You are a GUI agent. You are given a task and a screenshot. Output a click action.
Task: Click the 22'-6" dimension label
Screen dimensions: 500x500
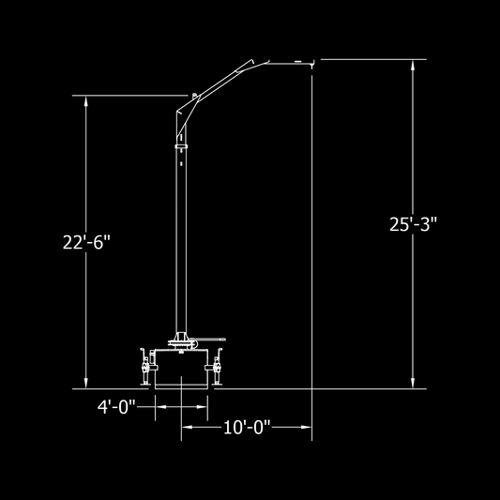[86, 242]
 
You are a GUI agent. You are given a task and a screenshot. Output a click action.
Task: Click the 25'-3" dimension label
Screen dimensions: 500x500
[413, 224]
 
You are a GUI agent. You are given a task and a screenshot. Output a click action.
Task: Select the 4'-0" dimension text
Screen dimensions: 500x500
[116, 407]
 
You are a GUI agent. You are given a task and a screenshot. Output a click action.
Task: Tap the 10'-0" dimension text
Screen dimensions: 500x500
[247, 427]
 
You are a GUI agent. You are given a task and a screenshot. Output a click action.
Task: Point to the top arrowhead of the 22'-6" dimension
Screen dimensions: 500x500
[85, 100]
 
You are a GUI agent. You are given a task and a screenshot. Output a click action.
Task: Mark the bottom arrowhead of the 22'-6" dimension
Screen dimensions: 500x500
[85, 384]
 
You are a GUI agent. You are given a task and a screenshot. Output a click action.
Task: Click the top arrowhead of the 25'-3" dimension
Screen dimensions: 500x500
[413, 65]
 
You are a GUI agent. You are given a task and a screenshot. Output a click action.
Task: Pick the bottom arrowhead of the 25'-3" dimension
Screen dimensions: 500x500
[413, 384]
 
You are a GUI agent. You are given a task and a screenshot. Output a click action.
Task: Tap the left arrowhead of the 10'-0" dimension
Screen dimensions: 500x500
[187, 427]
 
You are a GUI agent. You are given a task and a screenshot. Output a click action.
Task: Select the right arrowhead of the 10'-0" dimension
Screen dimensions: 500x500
[307, 427]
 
